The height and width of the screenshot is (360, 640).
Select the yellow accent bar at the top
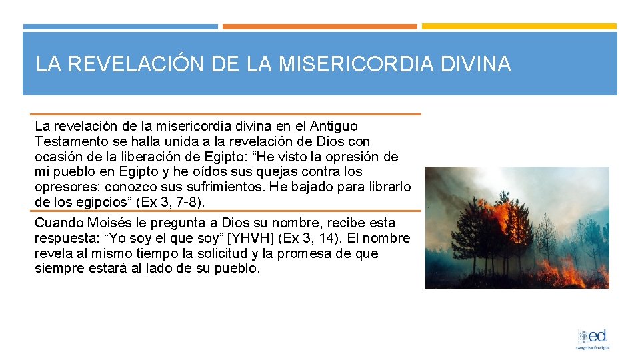519,27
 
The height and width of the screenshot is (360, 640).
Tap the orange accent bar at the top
319,27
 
